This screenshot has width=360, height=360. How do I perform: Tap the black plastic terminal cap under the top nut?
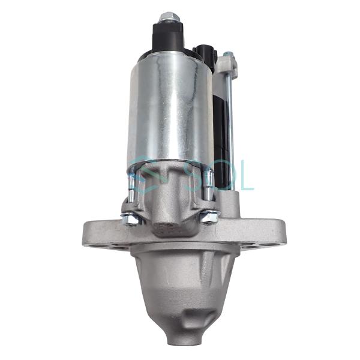click(x=168, y=37)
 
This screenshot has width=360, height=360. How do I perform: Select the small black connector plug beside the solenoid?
click(x=205, y=55)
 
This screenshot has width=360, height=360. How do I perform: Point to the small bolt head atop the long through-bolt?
click(x=229, y=55)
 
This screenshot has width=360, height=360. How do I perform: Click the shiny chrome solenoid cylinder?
click(x=171, y=108)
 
